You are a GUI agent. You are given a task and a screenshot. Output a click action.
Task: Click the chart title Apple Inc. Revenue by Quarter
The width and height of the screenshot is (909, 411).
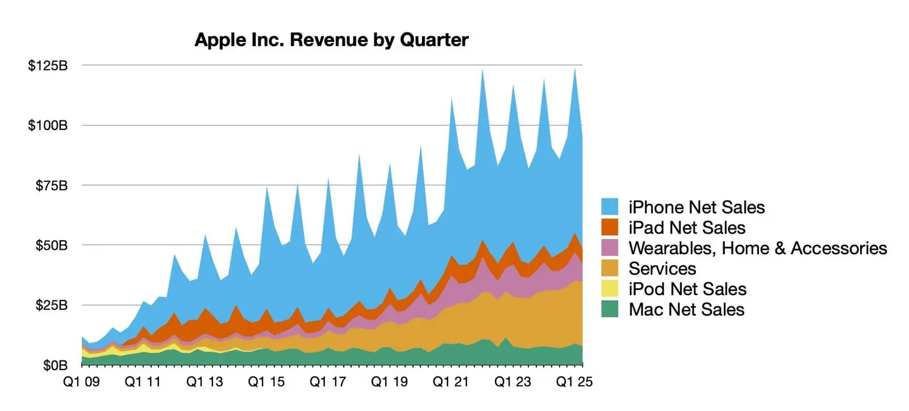click(331, 40)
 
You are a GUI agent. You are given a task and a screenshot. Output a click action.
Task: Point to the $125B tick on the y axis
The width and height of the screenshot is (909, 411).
click(48, 66)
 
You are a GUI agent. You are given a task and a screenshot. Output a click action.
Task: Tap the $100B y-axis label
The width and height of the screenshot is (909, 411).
click(48, 125)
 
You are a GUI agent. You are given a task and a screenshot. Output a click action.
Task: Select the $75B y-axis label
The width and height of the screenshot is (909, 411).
click(51, 186)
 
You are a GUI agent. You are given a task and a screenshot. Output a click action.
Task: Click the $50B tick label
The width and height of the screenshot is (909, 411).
click(51, 246)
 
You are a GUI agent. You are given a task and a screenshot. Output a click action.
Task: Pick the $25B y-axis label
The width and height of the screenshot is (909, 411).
click(51, 305)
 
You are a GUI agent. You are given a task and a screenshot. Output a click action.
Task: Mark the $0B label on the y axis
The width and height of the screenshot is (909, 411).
click(55, 366)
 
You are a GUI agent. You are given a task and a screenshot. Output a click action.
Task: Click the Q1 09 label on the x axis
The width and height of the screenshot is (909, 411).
click(81, 382)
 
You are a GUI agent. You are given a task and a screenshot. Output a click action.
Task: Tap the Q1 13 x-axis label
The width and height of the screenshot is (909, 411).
click(205, 382)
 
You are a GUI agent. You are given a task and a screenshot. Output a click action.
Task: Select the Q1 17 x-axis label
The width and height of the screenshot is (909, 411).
click(328, 382)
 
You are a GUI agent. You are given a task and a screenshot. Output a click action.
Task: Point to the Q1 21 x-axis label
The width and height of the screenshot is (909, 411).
click(451, 382)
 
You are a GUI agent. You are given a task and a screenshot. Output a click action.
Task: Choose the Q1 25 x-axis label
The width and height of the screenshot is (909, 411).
click(574, 382)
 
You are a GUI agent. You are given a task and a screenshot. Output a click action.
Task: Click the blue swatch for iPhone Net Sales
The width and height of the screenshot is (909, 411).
click(610, 207)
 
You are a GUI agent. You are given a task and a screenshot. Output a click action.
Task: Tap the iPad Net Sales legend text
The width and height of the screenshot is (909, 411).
click(687, 228)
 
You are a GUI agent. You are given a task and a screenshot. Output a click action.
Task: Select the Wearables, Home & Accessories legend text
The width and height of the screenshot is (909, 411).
click(757, 248)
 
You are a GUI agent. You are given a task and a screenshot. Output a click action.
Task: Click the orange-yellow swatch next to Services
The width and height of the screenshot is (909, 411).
click(610, 269)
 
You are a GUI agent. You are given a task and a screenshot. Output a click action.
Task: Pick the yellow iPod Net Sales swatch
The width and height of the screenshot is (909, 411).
click(610, 289)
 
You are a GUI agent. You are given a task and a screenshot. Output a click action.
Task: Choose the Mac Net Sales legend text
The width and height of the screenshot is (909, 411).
click(686, 309)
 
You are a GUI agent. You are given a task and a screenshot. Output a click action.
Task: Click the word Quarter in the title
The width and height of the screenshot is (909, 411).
click(434, 40)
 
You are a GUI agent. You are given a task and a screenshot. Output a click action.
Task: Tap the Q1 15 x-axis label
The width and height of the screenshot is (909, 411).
click(266, 382)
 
